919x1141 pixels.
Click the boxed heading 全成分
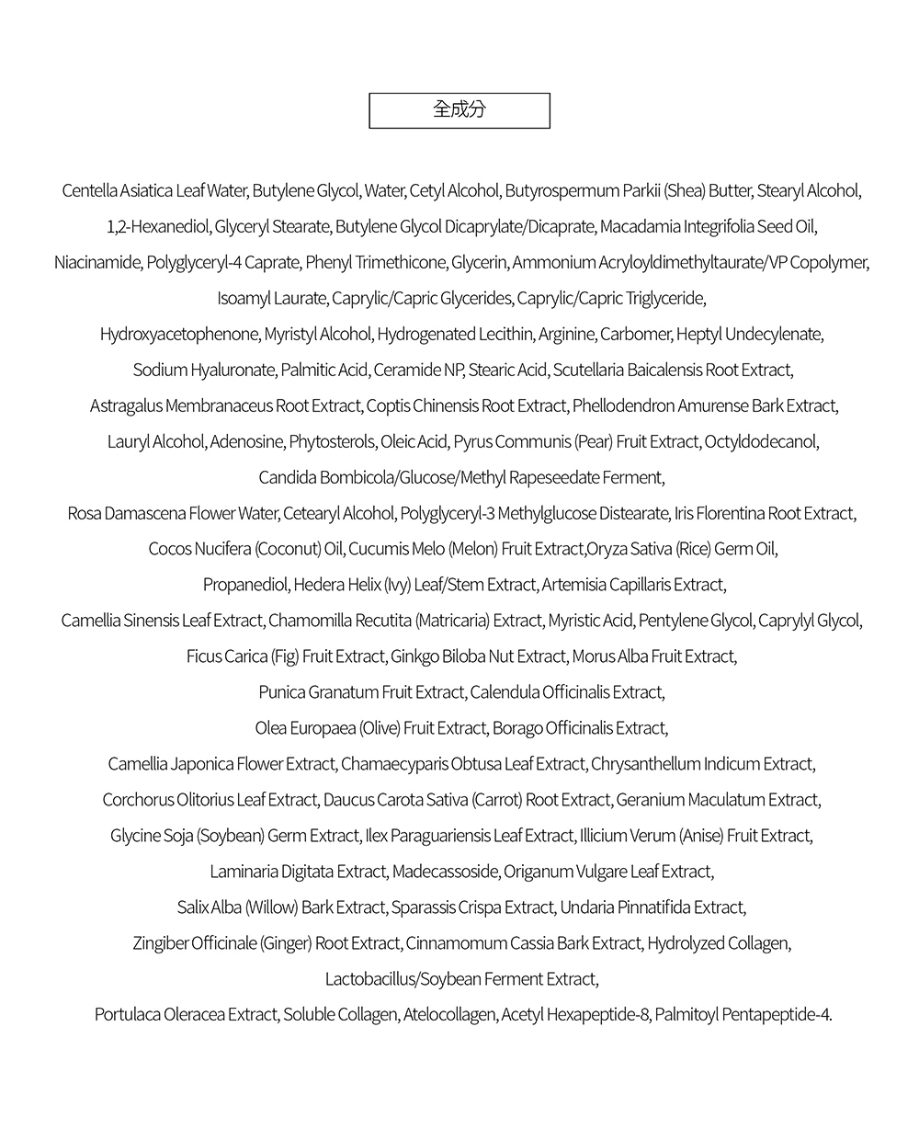pyautogui.click(x=459, y=110)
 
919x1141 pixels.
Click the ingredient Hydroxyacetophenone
pyautogui.click(x=179, y=335)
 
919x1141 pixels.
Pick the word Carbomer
pyautogui.click(x=636, y=335)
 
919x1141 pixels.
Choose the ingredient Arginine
pyautogui.click(x=566, y=335)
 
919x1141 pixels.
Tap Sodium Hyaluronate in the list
pyautogui.click(x=204, y=371)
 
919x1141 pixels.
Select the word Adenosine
pyautogui.click(x=246, y=442)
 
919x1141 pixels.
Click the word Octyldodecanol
pyautogui.click(x=761, y=442)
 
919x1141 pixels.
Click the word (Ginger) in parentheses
pyautogui.click(x=286, y=943)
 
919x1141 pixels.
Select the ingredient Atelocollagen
pyautogui.click(x=450, y=1015)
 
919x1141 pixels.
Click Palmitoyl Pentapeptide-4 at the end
pyautogui.click(x=743, y=1015)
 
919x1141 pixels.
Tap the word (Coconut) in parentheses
pyautogui.click(x=287, y=549)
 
